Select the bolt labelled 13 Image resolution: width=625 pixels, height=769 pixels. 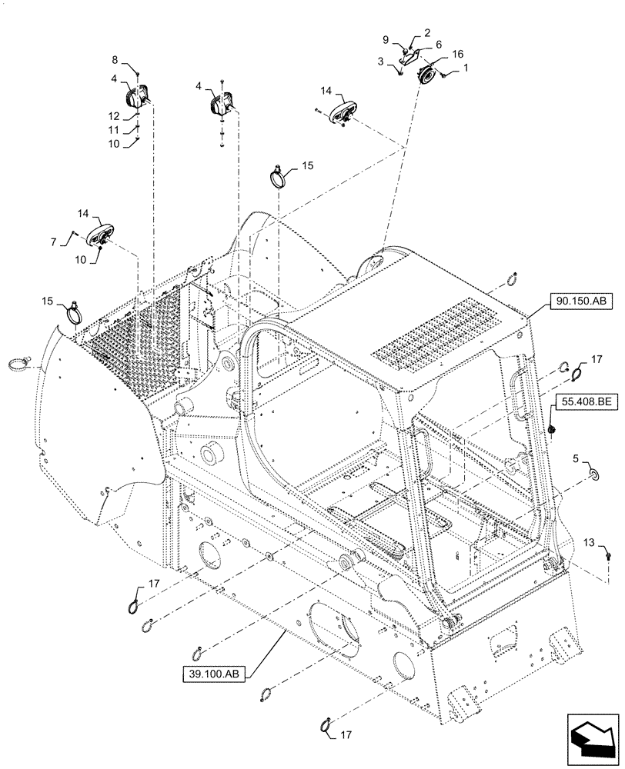tap(608, 553)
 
